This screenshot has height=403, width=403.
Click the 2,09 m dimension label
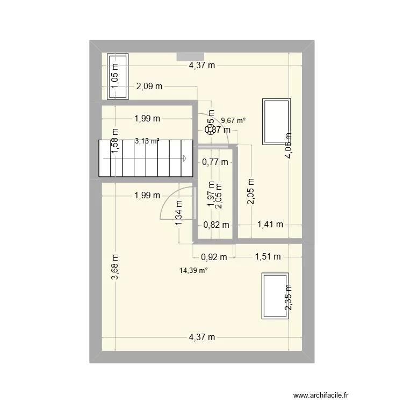149,86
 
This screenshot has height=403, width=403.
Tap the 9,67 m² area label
233,121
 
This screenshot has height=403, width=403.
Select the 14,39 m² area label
194,271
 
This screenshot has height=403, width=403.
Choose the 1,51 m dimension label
267,256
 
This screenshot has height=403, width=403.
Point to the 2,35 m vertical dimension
289,298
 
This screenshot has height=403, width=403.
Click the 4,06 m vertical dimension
289,146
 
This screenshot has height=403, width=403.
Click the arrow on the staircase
184,158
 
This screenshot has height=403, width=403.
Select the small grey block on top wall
190,56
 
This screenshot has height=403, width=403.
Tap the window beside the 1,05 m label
118,77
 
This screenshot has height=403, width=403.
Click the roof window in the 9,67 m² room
276,121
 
